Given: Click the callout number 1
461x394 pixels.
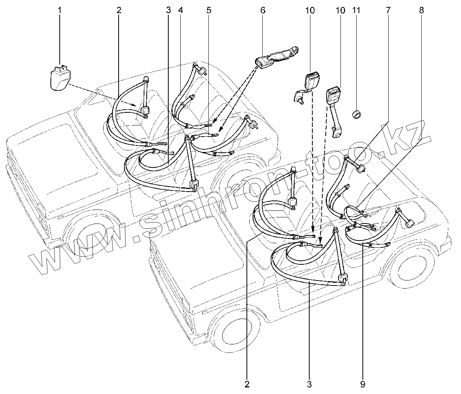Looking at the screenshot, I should [60, 10].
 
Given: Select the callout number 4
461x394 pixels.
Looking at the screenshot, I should [180, 10].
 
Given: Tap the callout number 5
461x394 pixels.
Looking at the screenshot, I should [209, 10].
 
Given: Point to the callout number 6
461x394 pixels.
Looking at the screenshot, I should [263, 10].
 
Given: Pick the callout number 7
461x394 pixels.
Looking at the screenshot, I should [387, 10].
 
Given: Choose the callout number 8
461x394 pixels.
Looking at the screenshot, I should [421, 10].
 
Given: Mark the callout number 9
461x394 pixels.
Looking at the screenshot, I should [362, 384].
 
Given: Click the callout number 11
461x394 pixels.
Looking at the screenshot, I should [356, 10].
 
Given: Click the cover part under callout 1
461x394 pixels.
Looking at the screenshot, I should [60, 79].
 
